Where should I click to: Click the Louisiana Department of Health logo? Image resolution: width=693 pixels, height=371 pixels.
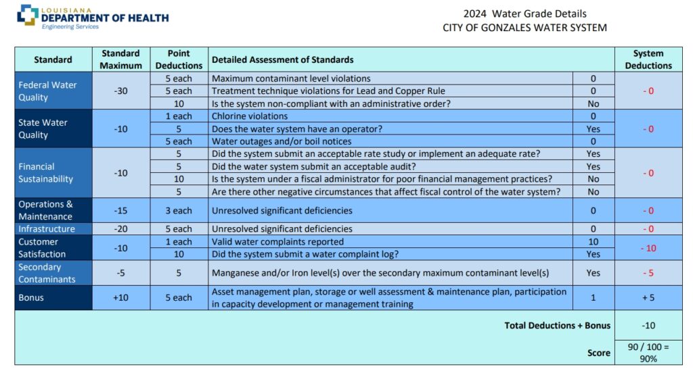coord(92,17)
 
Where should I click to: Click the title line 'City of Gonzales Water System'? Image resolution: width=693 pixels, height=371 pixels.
coord(524,28)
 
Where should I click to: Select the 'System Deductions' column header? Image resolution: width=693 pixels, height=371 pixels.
coord(648,59)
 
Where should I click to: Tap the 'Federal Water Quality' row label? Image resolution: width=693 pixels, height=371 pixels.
coord(47,91)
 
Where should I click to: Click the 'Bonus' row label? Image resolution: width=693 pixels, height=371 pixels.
coord(31,297)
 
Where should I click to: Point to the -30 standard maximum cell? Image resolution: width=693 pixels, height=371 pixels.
coord(120,91)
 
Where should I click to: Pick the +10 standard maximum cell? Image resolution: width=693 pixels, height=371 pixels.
coord(120,297)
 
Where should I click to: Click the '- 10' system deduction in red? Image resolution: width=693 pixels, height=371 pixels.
coord(648,248)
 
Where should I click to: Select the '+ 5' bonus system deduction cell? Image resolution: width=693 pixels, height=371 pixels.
coord(648,297)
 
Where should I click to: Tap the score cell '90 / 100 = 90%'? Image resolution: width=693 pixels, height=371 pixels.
coord(648,353)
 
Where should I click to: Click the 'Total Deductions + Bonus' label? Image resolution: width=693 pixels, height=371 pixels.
coord(557,325)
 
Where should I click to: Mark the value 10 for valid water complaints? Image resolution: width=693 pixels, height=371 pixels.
coord(593,242)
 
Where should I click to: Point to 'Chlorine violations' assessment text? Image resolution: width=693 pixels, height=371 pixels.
coord(250,116)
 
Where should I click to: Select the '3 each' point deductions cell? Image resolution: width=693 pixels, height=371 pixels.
coord(179,210)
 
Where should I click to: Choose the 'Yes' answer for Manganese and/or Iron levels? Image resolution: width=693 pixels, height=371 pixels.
coord(593,273)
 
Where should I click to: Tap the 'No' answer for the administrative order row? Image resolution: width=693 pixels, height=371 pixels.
coord(593,103)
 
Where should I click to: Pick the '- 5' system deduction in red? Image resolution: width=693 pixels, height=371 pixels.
coord(648,273)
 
